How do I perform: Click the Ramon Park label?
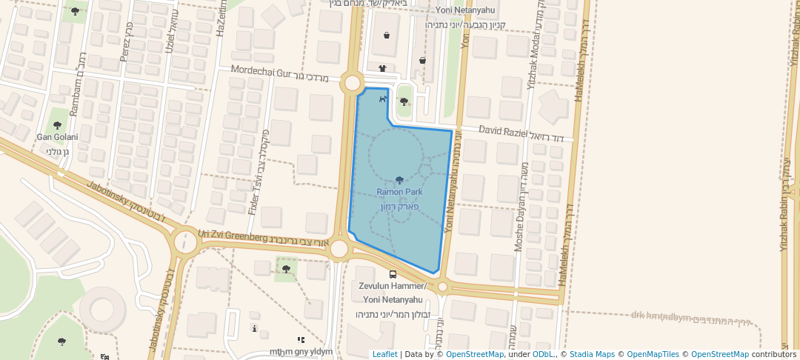tap(399, 192)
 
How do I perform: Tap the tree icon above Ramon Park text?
tap(399, 180)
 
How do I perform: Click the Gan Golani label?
tap(58, 137)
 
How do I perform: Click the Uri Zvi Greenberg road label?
tap(232, 236)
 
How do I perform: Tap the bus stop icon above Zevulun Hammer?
tap(393, 274)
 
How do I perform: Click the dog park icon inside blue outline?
tap(382, 98)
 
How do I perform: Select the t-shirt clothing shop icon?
tap(382, 68)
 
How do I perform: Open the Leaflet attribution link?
tap(384, 354)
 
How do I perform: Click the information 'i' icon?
tap(254, 327)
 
